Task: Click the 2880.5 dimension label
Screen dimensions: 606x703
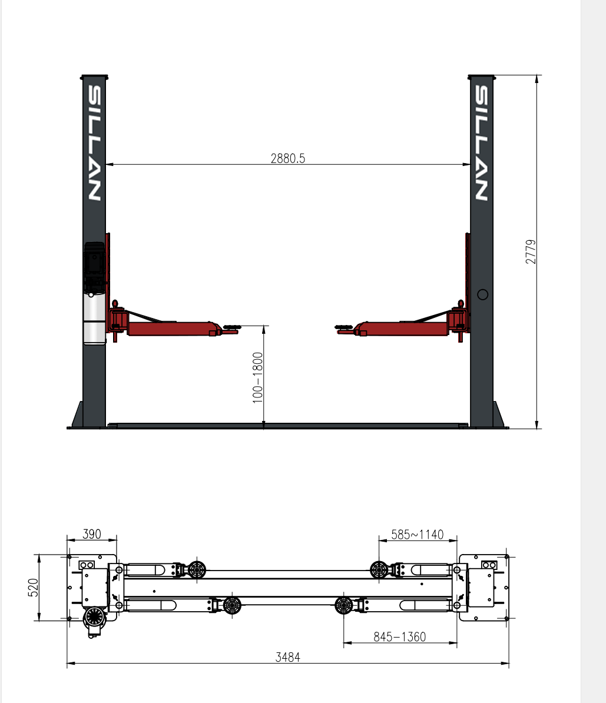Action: (x=287, y=158)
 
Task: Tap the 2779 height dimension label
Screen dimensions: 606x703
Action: (x=531, y=251)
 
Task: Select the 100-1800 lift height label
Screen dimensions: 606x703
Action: (x=257, y=377)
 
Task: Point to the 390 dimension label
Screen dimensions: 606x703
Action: (x=91, y=534)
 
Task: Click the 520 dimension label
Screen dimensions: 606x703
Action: (x=33, y=588)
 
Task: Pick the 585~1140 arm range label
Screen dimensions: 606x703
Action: (x=417, y=535)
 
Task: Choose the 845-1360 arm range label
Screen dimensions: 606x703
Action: (x=400, y=636)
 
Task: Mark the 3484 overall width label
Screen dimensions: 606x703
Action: (x=287, y=657)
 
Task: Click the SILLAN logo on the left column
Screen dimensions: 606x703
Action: (x=95, y=143)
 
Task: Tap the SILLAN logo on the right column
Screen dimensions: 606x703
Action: (x=481, y=143)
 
